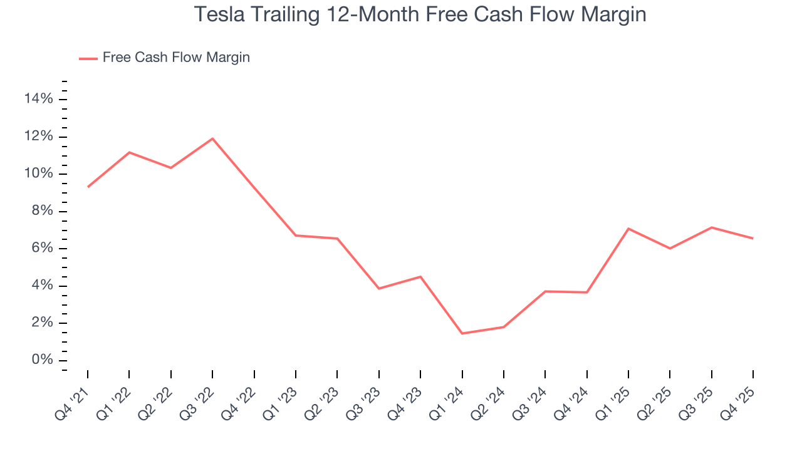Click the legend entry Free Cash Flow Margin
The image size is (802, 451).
pyautogui.click(x=176, y=58)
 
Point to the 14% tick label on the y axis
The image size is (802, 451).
pyautogui.click(x=38, y=99)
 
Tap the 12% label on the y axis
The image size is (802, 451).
pyautogui.click(x=38, y=137)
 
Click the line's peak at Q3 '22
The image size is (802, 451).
pyautogui.click(x=212, y=138)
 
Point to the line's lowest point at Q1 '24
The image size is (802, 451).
pyautogui.click(x=462, y=333)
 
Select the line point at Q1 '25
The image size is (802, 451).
pyautogui.click(x=628, y=229)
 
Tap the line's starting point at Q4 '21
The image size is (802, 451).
pyautogui.click(x=88, y=187)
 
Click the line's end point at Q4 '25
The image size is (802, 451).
pyautogui.click(x=753, y=238)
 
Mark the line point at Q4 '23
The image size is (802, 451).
pyautogui.click(x=420, y=276)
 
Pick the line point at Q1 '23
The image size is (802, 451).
pyautogui.click(x=296, y=236)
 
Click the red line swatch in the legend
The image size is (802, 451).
pyautogui.click(x=88, y=58)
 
